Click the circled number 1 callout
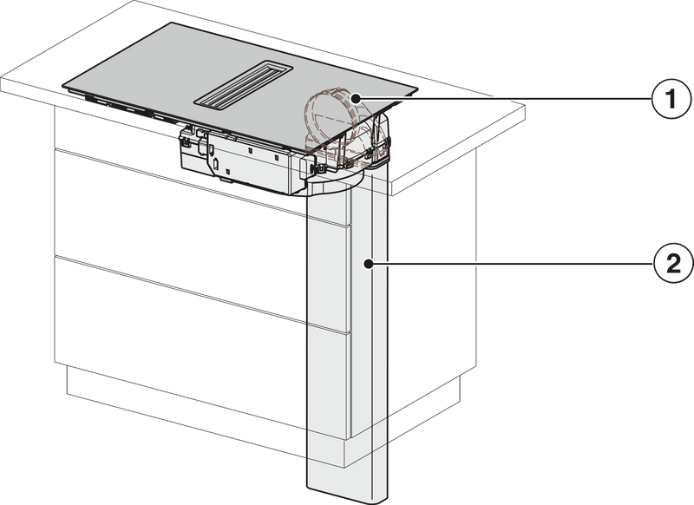point(671,98)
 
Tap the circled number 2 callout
point(673,265)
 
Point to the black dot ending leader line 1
point(356,98)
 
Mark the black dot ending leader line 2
point(367,265)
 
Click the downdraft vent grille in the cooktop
point(244,89)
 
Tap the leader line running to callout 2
point(510,265)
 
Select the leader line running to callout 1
point(503,98)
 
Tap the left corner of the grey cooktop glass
point(62,84)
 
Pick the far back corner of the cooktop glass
point(170,23)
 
